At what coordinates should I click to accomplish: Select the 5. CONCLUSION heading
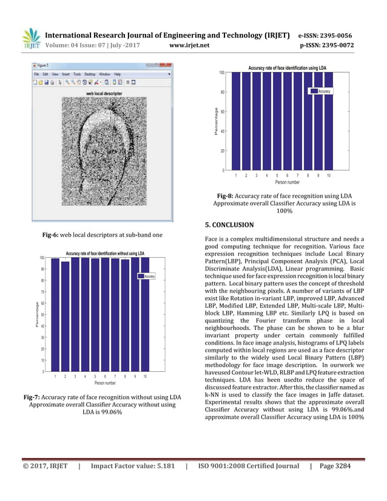pos(230,225)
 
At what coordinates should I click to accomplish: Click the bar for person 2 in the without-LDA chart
pos(65,316)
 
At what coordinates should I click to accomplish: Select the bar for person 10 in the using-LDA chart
pos(328,121)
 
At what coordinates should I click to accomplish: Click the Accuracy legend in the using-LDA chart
pos(321,90)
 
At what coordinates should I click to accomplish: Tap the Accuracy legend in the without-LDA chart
pos(147,276)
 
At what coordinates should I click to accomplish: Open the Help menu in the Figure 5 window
pos(126,73)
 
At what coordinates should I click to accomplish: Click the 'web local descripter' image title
pos(104,94)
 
